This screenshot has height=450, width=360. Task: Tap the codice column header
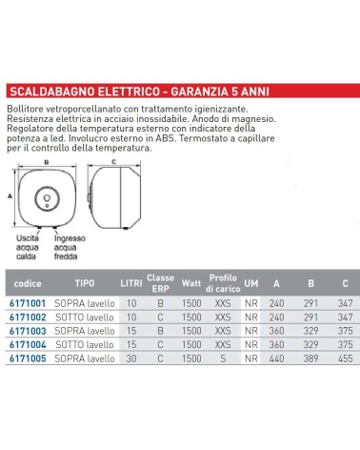(x=29, y=283)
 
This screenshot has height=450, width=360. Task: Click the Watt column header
(x=191, y=283)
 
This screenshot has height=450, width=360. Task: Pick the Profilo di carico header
(x=223, y=283)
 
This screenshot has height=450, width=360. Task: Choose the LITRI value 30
(x=130, y=358)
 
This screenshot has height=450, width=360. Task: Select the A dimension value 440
(x=277, y=358)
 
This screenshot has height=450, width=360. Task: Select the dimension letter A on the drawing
(x=9, y=194)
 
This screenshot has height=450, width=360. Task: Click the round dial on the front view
(x=45, y=199)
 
